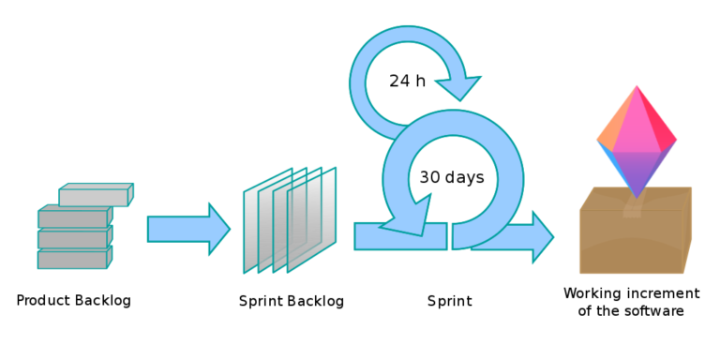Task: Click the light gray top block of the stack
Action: coord(95,196)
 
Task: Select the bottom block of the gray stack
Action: coord(73,259)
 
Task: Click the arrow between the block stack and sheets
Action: coord(187,228)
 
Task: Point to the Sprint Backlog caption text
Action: coord(293,303)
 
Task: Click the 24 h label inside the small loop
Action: coord(412,82)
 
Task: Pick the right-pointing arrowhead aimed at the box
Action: coord(542,237)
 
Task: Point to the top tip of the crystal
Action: coord(637,86)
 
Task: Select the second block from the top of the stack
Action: coord(73,218)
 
